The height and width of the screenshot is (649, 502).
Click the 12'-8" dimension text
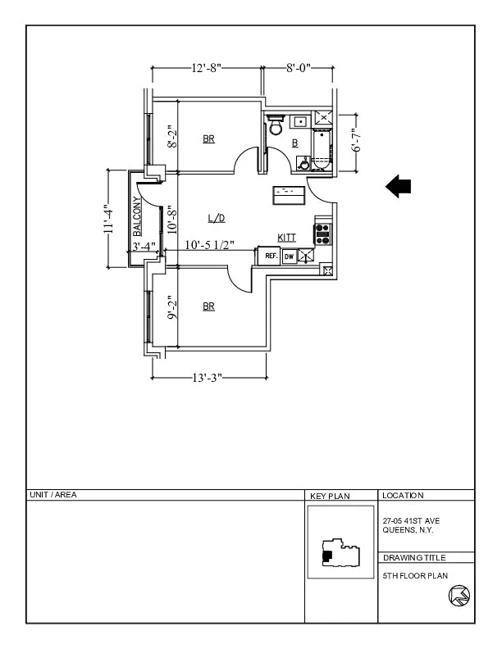(206, 69)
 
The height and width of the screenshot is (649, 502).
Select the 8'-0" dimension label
(298, 69)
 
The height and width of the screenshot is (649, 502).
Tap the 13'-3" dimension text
(208, 378)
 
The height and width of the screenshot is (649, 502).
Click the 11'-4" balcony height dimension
(107, 218)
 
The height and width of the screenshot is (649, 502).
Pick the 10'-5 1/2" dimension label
(210, 245)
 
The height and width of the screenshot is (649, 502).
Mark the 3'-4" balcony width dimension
(144, 246)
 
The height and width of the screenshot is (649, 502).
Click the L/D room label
(216, 218)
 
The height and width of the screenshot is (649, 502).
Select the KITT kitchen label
(287, 237)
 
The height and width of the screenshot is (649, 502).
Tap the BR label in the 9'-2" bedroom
(209, 306)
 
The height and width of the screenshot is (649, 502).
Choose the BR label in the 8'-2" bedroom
(209, 139)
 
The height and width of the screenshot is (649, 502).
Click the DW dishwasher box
(289, 256)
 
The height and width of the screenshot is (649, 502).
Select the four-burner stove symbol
(322, 235)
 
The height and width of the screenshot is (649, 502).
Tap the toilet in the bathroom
(276, 127)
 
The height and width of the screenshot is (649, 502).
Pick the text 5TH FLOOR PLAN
(415, 575)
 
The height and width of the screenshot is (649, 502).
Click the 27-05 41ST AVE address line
(412, 520)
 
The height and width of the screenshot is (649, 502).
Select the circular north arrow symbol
(459, 597)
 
